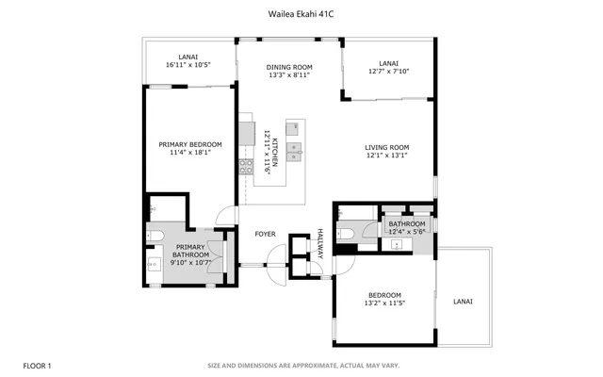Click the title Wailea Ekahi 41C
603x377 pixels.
coord(301,14)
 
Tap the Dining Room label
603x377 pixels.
coord(288,67)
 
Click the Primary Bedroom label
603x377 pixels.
coord(188,144)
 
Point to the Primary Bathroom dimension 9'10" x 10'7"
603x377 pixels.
coord(189,261)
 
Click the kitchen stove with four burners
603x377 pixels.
coord(247,168)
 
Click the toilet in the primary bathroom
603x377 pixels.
coord(155,233)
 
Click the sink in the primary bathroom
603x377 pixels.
coord(154,264)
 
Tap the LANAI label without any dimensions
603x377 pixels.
coord(463,302)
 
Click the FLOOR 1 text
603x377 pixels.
coord(37,365)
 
